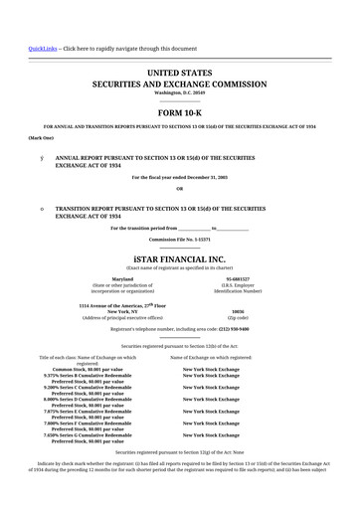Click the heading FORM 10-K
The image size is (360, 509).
point(179,113)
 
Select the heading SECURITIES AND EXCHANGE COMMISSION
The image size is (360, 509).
point(179,86)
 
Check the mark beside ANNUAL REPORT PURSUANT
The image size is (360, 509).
point(41,158)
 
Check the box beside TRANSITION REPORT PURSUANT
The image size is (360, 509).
point(41,209)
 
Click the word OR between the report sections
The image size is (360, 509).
point(179,188)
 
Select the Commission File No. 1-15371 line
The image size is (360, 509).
point(179,240)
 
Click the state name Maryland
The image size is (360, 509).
point(122,278)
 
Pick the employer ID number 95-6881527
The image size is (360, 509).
point(238,278)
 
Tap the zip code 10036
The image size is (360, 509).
point(238,311)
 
